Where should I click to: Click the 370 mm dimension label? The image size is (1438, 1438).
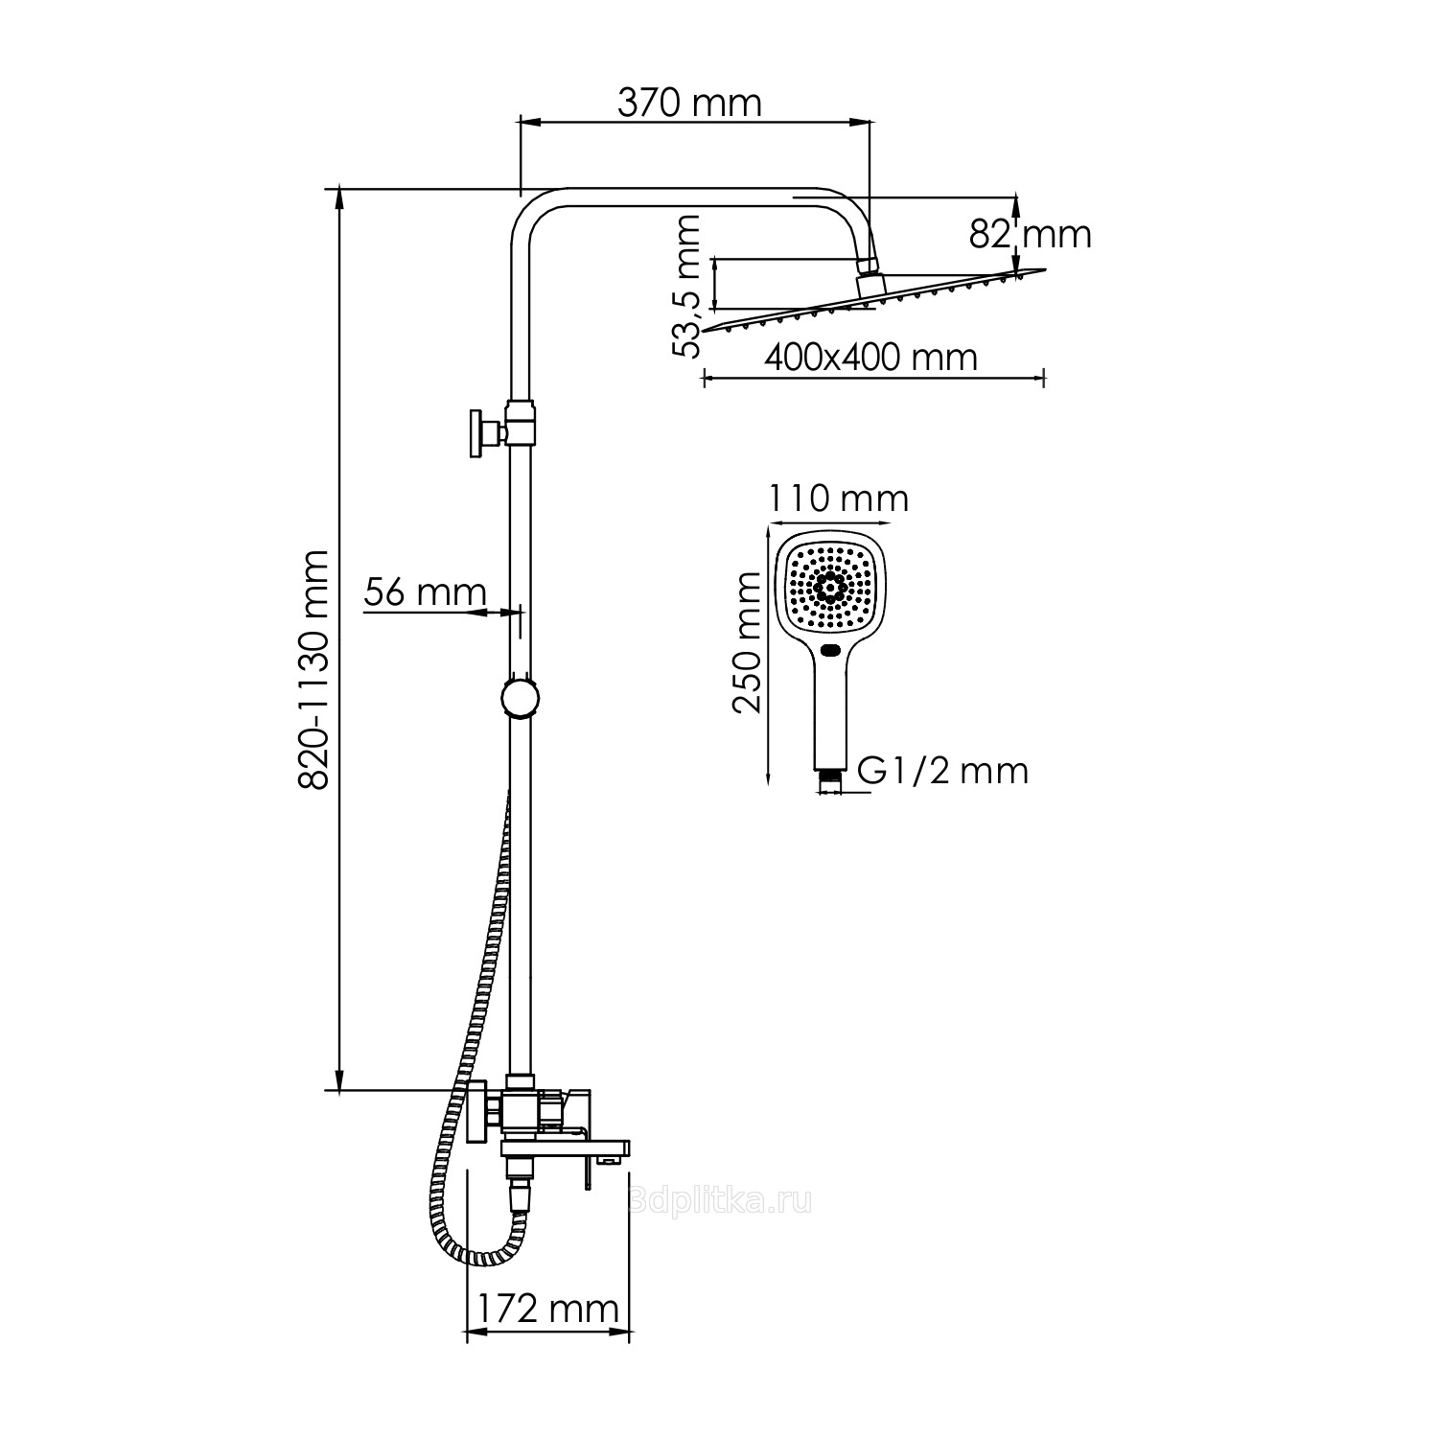coord(689,102)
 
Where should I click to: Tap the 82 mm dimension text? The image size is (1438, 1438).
coord(1030,233)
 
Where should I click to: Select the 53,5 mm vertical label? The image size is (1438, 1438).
coord(686,286)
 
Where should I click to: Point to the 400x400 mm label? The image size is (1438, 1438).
coord(870,358)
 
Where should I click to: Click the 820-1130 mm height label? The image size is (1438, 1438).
coord(313,669)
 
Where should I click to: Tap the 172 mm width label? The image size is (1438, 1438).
coord(548,1308)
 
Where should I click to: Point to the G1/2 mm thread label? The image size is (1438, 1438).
coord(941,770)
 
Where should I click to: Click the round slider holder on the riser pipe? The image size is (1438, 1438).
coord(521,697)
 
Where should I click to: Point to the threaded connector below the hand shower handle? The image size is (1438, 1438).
coord(831,780)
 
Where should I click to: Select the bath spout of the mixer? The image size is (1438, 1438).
coord(567,1148)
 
